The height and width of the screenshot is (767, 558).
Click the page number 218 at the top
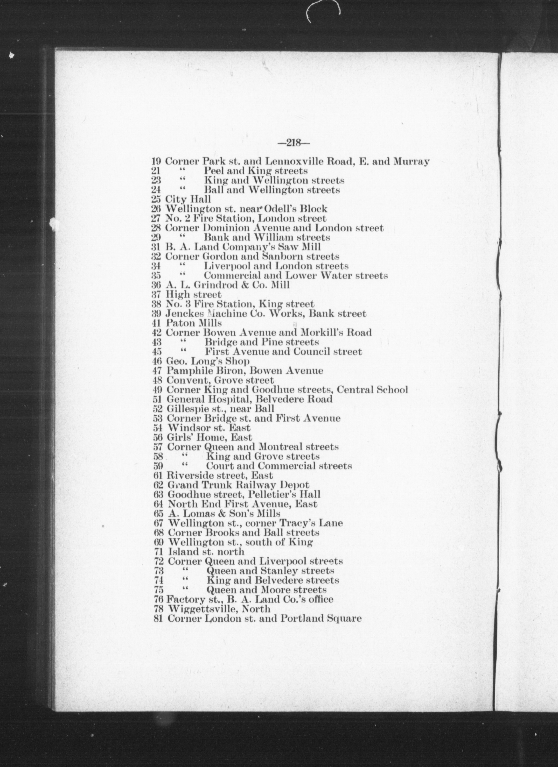coord(293,143)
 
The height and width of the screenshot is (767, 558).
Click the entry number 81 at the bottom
coord(158,619)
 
